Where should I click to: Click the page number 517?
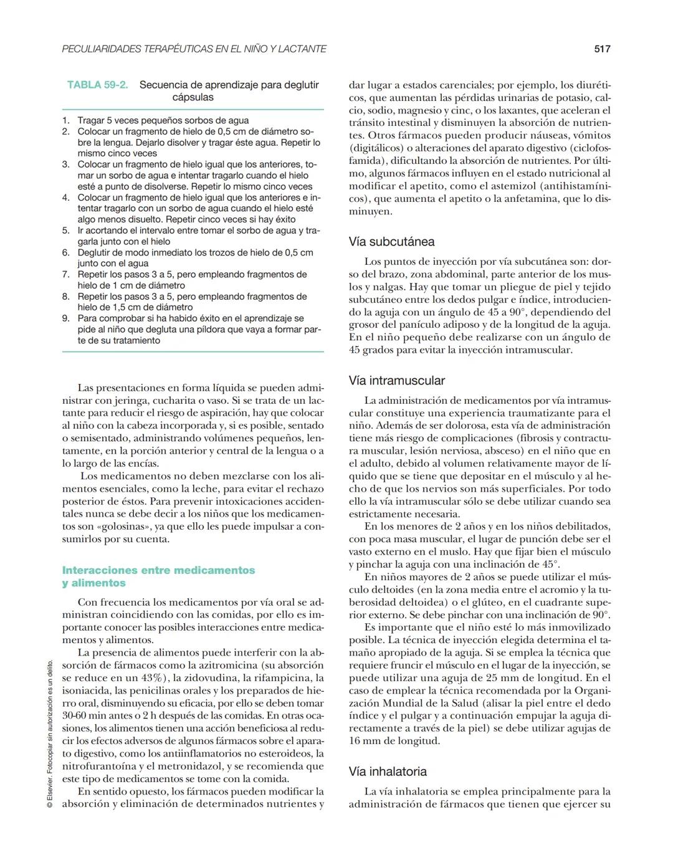602,49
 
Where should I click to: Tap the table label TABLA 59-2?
97,85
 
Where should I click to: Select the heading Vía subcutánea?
391,242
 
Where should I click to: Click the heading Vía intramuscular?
396,380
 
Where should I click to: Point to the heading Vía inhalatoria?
388,772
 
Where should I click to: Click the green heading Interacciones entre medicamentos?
158,570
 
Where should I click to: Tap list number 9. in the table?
66,318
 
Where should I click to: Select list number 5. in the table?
66,231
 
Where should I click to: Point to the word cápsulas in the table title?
193,97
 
